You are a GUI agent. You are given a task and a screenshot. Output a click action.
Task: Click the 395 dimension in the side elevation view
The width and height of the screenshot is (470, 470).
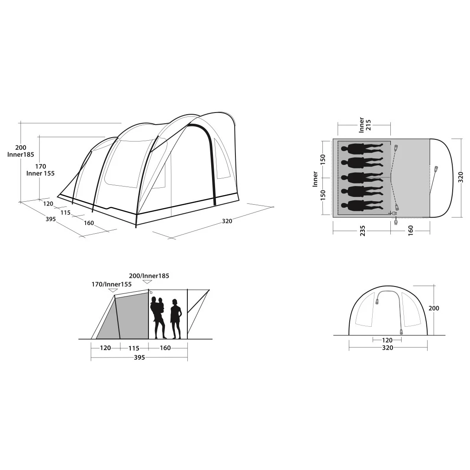pyautogui.click(x=139, y=357)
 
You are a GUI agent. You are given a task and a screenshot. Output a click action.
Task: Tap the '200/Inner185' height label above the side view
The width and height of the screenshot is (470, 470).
pyautogui.click(x=149, y=276)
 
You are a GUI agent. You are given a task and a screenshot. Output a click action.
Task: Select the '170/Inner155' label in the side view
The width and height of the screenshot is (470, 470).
pyautogui.click(x=112, y=284)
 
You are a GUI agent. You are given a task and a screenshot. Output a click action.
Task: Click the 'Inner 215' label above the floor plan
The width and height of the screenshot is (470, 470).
pyautogui.click(x=365, y=125)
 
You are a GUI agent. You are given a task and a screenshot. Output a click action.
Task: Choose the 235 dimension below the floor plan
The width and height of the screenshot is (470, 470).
pyautogui.click(x=363, y=231)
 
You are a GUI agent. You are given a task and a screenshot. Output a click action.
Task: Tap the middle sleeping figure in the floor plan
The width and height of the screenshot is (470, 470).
pyautogui.click(x=362, y=177)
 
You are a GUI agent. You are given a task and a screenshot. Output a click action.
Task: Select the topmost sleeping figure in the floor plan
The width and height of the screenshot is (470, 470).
pyautogui.click(x=362, y=149)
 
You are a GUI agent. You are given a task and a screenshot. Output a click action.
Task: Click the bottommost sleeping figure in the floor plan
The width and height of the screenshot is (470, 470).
pyautogui.click(x=362, y=206)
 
